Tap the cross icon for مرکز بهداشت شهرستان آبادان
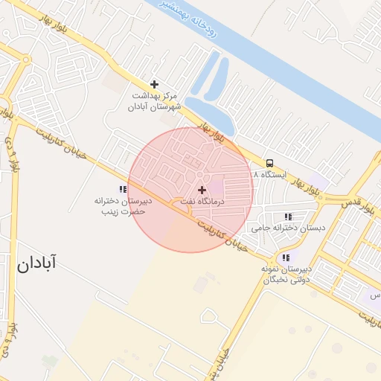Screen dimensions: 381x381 pyautogui.click(x=154, y=84)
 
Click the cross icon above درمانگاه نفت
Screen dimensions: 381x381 pyautogui.click(x=201, y=190)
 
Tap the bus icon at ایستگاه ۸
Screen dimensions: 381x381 pyautogui.click(x=269, y=163)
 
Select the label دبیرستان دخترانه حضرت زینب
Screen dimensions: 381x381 pyautogui.click(x=122, y=206)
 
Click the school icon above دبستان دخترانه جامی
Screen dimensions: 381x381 pyautogui.click(x=288, y=217)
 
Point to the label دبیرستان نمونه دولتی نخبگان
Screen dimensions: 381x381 pyautogui.click(x=286, y=275)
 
